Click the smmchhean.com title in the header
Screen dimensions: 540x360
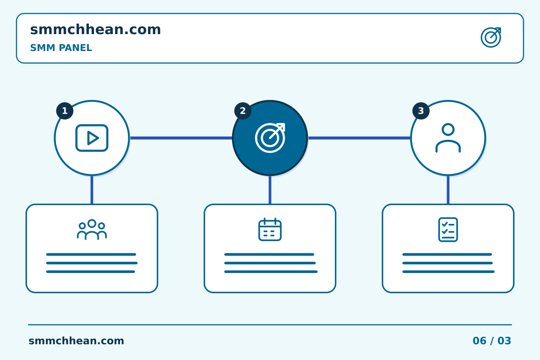[x=96, y=29]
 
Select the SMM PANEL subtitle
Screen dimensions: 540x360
[x=61, y=48]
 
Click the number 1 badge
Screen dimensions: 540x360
[x=64, y=111]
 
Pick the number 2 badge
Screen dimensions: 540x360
[x=243, y=111]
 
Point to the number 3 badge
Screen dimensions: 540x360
[x=421, y=111]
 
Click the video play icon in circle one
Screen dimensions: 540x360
[x=92, y=138]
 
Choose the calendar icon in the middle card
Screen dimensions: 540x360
[x=270, y=229]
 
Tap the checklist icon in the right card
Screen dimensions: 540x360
[x=448, y=229]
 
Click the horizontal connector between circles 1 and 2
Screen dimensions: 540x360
[x=181, y=138]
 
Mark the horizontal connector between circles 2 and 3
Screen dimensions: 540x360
[x=359, y=138]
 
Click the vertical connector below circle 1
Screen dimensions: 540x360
[x=92, y=190]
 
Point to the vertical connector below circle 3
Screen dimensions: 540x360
[x=448, y=190]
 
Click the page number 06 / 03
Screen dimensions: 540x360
[x=492, y=341]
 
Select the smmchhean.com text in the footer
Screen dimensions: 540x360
[x=76, y=341]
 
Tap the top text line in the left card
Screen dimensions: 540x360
[x=91, y=254]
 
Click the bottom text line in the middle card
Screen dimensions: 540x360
[x=271, y=272]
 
